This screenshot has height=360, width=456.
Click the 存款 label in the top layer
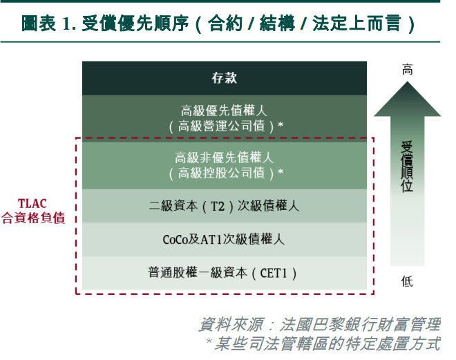(x=225, y=78)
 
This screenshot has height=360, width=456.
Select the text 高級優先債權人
(x=224, y=111)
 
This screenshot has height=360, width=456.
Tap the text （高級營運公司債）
(x=221, y=126)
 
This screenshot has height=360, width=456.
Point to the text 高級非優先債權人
(x=225, y=158)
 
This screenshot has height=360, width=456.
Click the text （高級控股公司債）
(x=221, y=173)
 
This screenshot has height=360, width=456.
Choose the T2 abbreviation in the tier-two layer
(x=218, y=207)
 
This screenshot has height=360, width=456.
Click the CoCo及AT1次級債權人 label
(x=223, y=240)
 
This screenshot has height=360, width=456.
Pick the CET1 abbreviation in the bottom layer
(x=274, y=274)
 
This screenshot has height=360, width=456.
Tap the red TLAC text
(x=32, y=204)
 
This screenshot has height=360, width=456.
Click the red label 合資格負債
(x=33, y=218)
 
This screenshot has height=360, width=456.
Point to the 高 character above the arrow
(x=407, y=70)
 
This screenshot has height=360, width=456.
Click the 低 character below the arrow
(x=407, y=281)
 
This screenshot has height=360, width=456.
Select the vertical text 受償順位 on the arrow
(x=407, y=167)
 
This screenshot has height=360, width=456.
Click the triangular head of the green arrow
(x=407, y=100)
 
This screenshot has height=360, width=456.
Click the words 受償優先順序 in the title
(x=135, y=23)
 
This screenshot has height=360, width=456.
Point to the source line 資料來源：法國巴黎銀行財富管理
(x=319, y=324)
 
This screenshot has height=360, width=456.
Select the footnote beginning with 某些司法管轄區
(x=327, y=343)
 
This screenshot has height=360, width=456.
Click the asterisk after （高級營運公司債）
(x=281, y=125)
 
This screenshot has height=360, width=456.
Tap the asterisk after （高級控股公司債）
(x=281, y=171)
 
